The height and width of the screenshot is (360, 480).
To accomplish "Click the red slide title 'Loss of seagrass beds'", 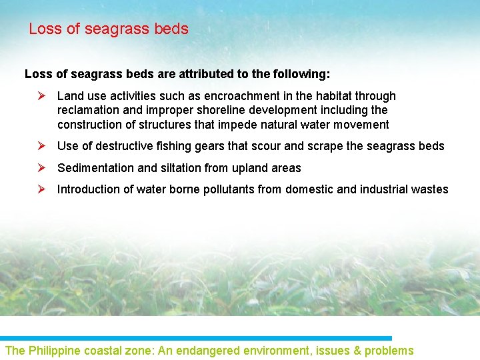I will (109, 29).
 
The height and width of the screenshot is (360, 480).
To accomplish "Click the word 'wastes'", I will (431, 189).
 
